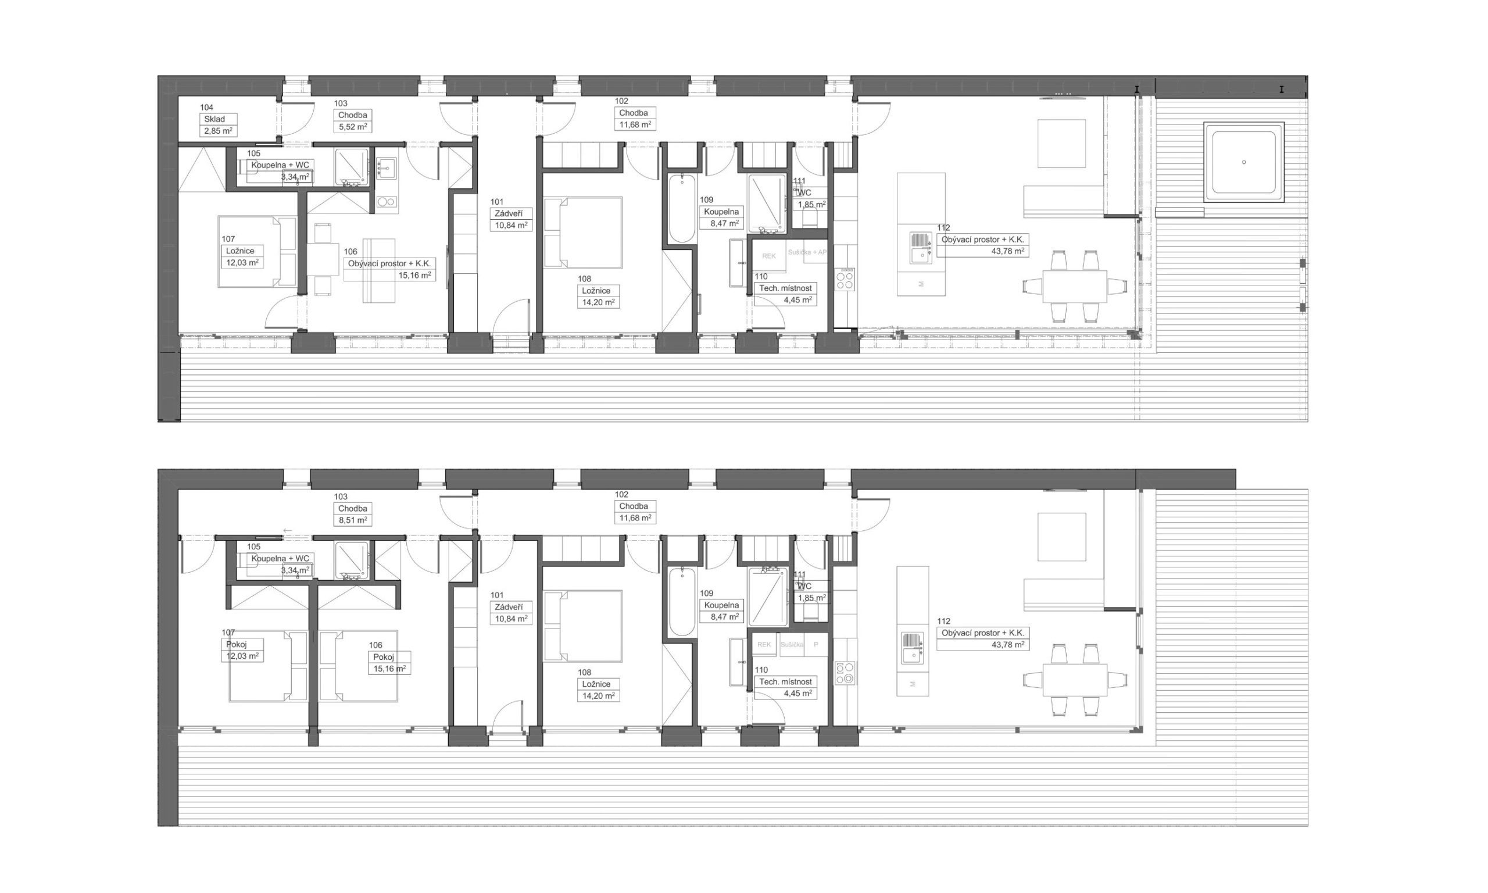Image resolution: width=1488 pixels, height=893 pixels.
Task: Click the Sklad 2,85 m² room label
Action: [x=218, y=124]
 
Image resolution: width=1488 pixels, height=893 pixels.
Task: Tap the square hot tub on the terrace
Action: [x=1243, y=162]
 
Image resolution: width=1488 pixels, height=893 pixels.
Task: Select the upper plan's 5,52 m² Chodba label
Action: [x=352, y=120]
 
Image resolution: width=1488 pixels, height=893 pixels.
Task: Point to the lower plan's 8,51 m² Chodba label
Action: [x=352, y=514]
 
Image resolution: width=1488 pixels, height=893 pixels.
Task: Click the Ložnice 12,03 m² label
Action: [x=241, y=256]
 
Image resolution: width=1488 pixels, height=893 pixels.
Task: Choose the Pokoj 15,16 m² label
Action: [x=389, y=663]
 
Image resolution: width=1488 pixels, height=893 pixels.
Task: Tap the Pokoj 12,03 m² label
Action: [x=242, y=650]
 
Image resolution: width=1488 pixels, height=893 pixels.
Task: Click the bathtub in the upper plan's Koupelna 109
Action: [x=681, y=208]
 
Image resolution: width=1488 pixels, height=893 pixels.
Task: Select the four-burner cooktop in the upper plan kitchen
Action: [x=845, y=278]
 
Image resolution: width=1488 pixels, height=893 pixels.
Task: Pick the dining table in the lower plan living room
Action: [x=1074, y=680]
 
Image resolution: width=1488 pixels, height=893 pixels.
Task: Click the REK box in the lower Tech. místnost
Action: [x=764, y=645]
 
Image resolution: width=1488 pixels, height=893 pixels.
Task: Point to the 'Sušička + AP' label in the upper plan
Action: [x=807, y=252]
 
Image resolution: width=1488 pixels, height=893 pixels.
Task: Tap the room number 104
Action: [x=206, y=108]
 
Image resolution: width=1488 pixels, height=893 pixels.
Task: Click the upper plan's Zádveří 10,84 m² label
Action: [x=510, y=219]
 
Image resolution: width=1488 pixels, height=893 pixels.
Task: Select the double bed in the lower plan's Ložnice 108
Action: [x=582, y=626]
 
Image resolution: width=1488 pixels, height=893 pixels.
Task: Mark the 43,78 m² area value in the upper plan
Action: [x=1007, y=251]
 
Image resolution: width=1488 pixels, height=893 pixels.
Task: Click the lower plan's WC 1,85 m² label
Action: [x=810, y=592]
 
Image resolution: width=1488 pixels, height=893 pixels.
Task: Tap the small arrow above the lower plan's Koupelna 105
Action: [x=288, y=531]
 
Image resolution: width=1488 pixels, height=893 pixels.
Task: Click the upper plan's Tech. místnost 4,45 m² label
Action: [x=785, y=294]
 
